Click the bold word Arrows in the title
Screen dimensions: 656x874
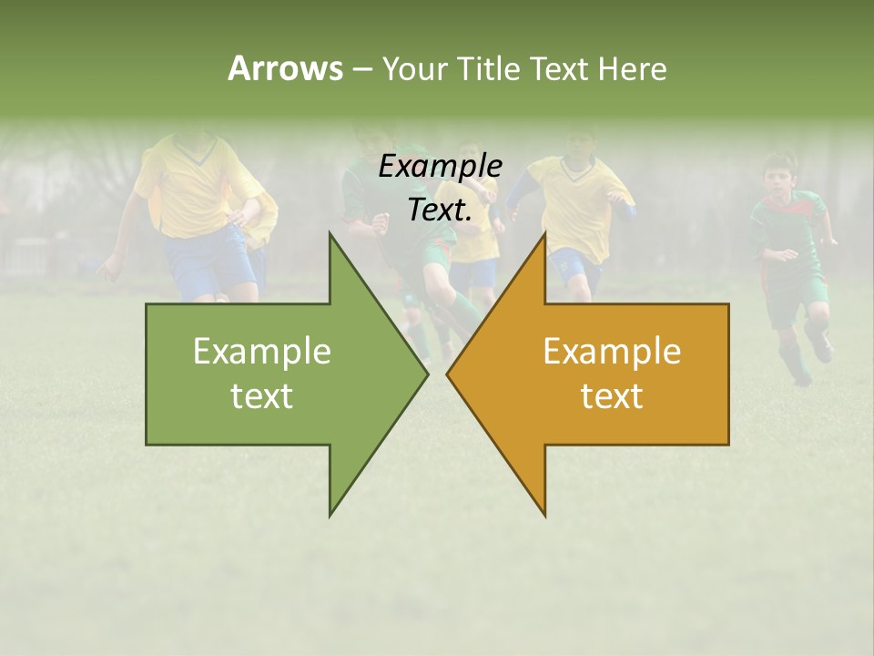click(x=284, y=68)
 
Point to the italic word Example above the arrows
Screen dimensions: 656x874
click(x=441, y=166)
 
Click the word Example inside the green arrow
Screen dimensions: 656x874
click(x=262, y=351)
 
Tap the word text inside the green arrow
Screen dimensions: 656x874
click(x=262, y=396)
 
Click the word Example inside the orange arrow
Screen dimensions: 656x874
click(x=612, y=351)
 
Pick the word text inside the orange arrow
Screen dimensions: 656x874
click(x=612, y=396)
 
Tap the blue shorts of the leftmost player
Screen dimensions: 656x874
click(x=209, y=260)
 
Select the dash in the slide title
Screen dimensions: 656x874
click(x=361, y=69)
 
